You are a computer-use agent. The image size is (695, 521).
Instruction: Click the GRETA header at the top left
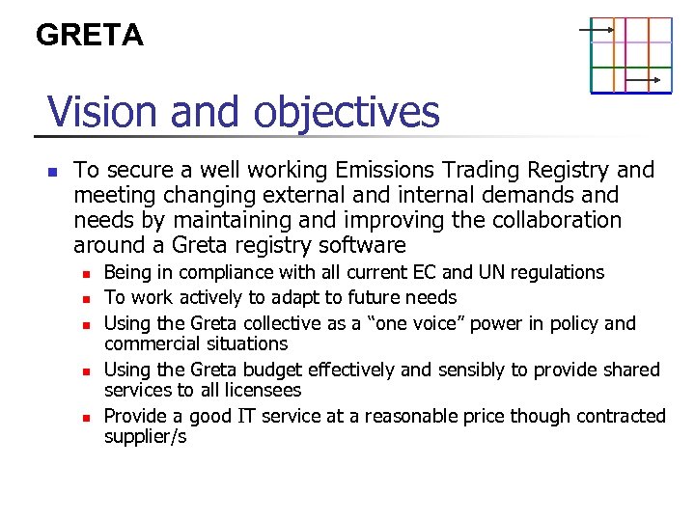pyautogui.click(x=89, y=36)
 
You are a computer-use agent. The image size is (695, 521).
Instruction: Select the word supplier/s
pyautogui.click(x=145, y=437)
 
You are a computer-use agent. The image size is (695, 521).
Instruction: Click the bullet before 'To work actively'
pyautogui.click(x=86, y=299)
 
